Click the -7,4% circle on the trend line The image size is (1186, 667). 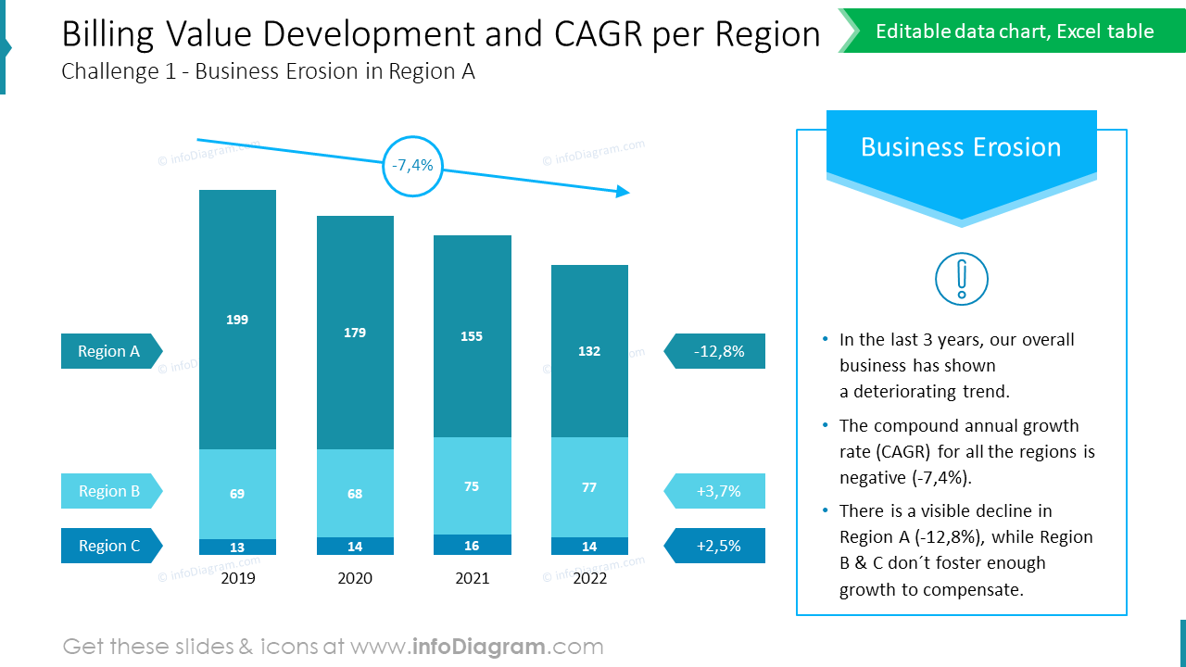pyautogui.click(x=412, y=166)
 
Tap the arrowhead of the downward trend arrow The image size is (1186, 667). pyautogui.click(x=623, y=192)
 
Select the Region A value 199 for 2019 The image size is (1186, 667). pyautogui.click(x=237, y=320)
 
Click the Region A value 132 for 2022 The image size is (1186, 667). pyautogui.click(x=589, y=351)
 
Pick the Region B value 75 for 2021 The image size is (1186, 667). pyautogui.click(x=472, y=485)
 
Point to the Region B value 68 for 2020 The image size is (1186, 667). pyautogui.click(x=355, y=494)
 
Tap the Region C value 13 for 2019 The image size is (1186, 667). pyautogui.click(x=237, y=547)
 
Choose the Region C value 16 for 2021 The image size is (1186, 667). pyautogui.click(x=472, y=546)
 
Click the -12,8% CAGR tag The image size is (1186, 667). pyautogui.click(x=716, y=351)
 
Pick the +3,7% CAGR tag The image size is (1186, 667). pyautogui.click(x=716, y=491)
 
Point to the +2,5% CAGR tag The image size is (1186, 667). pyautogui.click(x=716, y=546)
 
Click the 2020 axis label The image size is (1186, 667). pyautogui.click(x=355, y=578)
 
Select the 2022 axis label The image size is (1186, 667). pyautogui.click(x=589, y=578)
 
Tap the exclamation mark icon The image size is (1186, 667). pyautogui.click(x=962, y=279)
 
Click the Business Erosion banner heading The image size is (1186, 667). pyautogui.click(x=961, y=147)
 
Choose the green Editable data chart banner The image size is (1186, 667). pyautogui.click(x=1014, y=31)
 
